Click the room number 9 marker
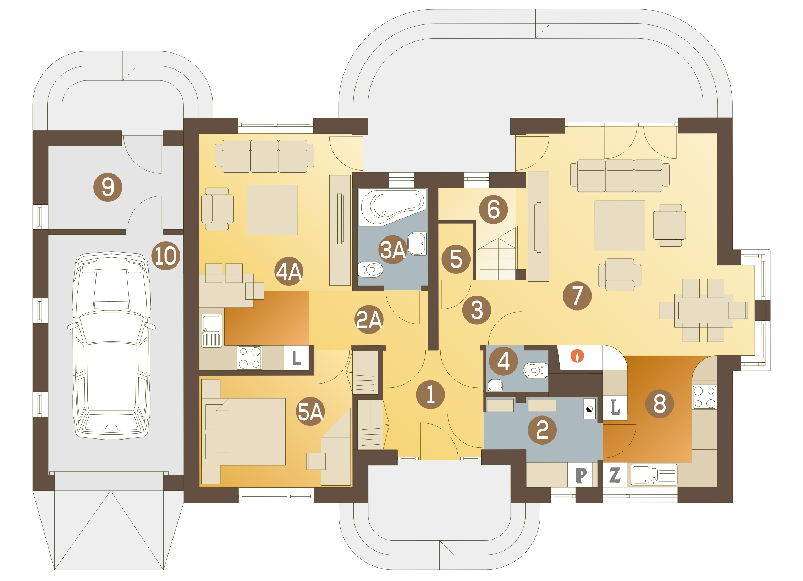click(108, 187)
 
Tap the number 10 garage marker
click(166, 256)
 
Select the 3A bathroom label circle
click(393, 250)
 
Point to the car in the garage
click(111, 346)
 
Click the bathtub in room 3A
click(392, 207)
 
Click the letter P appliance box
click(581, 475)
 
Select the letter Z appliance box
click(615, 475)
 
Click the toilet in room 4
click(535, 370)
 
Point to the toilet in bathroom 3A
click(370, 269)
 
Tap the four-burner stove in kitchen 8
click(704, 397)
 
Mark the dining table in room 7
click(704, 310)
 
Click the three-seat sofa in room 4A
click(264, 156)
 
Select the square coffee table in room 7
click(620, 226)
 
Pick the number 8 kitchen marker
click(659, 403)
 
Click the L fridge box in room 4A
click(296, 358)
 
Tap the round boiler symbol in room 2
click(589, 409)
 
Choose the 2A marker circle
click(369, 319)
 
